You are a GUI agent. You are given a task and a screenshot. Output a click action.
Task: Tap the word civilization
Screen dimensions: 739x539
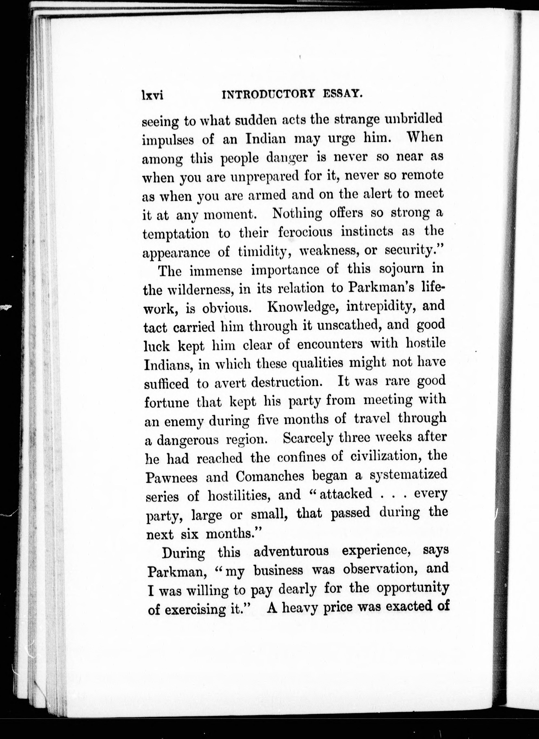(x=386, y=457)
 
